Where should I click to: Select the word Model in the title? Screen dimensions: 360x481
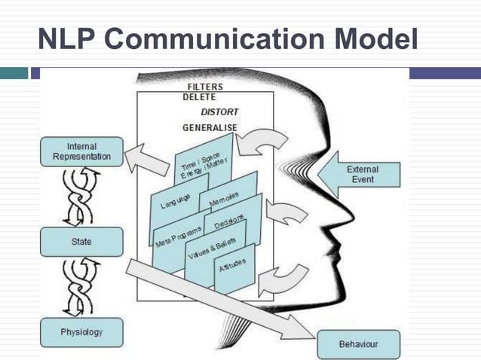tap(369, 38)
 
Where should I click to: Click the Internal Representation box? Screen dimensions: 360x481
tap(81, 151)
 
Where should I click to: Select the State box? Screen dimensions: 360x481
tap(81, 241)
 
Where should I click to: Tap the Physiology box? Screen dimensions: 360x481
tap(81, 331)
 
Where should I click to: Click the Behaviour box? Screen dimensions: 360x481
tap(357, 344)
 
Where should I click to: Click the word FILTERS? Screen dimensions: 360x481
tap(204, 87)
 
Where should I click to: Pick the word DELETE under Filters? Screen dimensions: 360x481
tap(199, 98)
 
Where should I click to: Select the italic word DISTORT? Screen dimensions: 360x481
tap(219, 112)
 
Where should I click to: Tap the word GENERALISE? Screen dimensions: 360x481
tap(210, 127)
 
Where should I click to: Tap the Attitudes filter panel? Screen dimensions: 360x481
tap(234, 267)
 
